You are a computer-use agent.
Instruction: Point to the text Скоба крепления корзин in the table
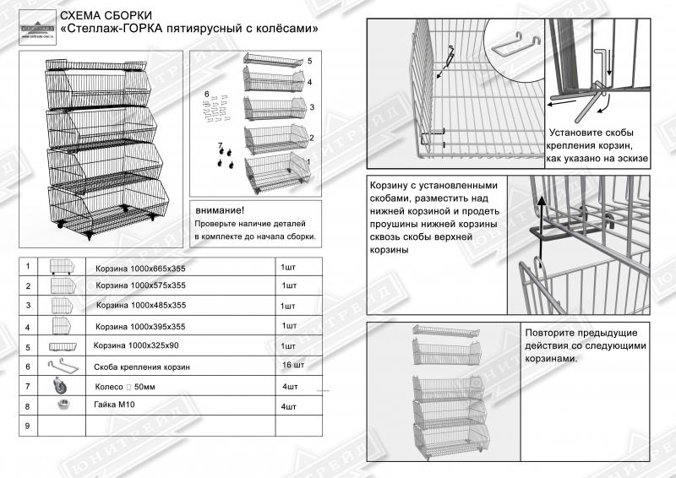click(x=142, y=367)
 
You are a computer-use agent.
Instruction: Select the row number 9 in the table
click(x=29, y=426)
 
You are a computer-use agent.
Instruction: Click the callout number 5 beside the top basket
click(x=310, y=62)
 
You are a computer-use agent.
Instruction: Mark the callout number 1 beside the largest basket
click(x=309, y=160)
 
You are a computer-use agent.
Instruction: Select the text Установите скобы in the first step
click(x=591, y=133)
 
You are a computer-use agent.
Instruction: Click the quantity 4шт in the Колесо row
click(x=290, y=386)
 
